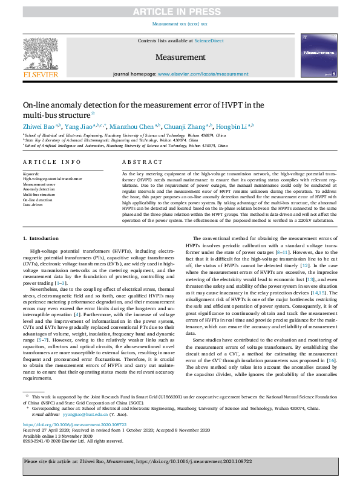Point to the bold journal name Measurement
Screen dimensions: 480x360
[179, 57]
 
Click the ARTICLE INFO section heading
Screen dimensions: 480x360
[51, 163]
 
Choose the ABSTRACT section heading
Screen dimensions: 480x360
[142, 163]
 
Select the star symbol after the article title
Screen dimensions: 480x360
[93, 113]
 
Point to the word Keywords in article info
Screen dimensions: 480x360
[30, 174]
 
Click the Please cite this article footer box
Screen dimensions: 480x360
[180, 462]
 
